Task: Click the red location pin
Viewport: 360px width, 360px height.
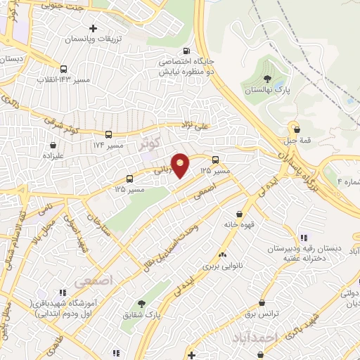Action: coord(181,165)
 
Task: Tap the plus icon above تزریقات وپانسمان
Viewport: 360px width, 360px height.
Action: coord(92,28)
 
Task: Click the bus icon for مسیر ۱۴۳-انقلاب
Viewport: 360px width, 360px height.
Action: coord(64,69)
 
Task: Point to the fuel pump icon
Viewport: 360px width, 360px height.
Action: coord(185,51)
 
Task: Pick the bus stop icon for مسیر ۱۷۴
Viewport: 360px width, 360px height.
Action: coord(108,134)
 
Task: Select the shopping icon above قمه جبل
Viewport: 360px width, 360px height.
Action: coord(298,129)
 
